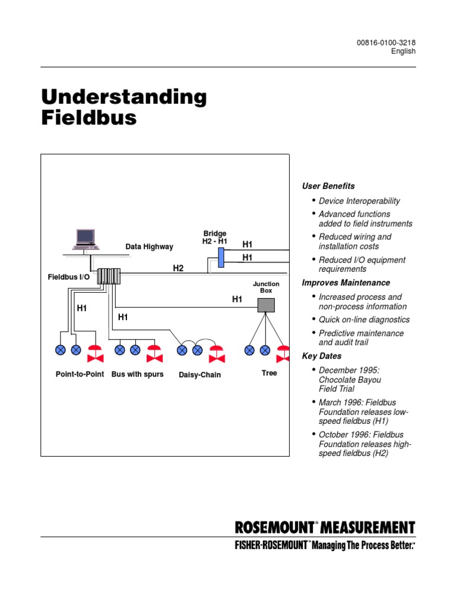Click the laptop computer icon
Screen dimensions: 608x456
coord(86,239)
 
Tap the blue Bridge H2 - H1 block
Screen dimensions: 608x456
coord(221,258)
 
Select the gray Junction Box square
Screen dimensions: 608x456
coord(266,305)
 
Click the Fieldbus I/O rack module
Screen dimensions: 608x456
coord(109,276)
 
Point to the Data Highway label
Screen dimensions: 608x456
coord(149,246)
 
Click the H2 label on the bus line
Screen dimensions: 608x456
coord(178,268)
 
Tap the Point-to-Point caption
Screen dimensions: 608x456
coord(80,374)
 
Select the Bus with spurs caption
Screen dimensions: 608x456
coord(137,374)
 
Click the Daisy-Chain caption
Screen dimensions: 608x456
coord(199,375)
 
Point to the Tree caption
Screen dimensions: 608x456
coord(269,373)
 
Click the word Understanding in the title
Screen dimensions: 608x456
coord(123,97)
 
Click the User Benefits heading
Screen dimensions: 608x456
coord(328,186)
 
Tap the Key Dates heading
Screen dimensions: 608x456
coord(322,356)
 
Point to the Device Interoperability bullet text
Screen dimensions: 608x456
coord(359,201)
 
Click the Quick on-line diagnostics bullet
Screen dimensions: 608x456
coord(364,319)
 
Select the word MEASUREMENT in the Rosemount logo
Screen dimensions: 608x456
coord(369,528)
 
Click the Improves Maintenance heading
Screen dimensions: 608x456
coord(346,283)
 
